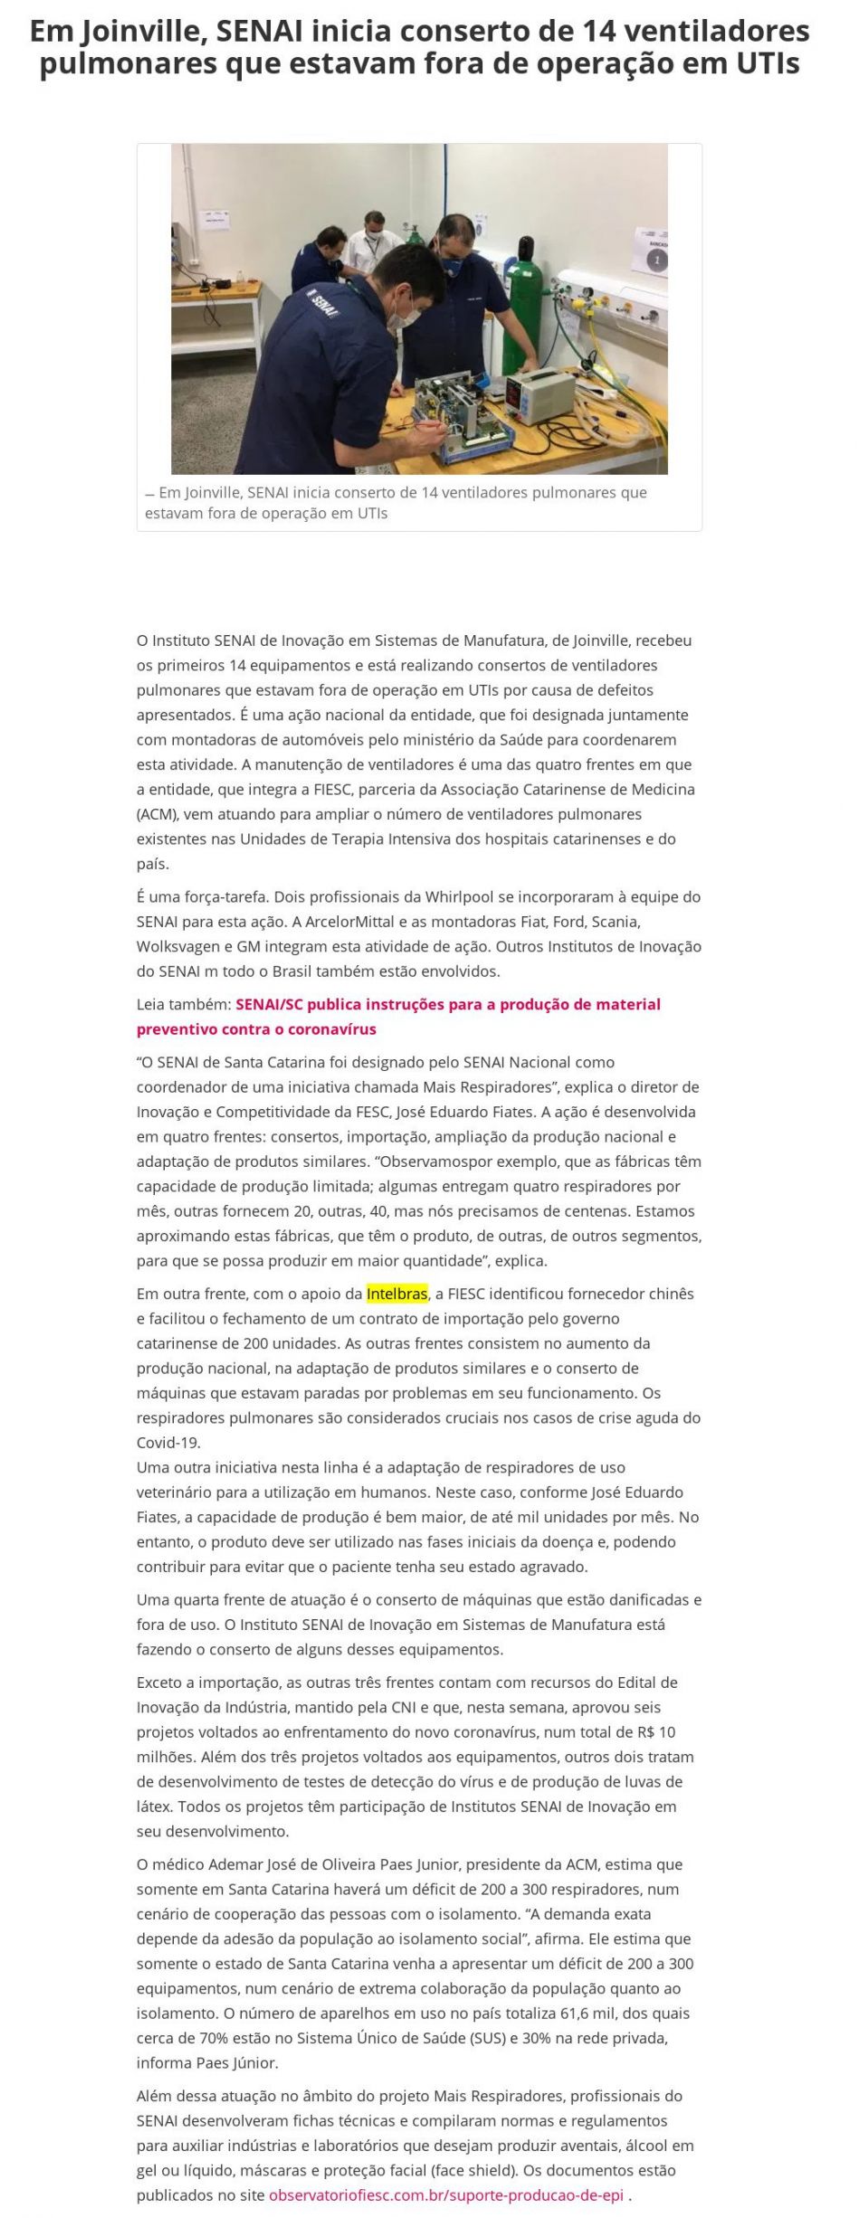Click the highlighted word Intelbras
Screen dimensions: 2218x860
coord(397,1294)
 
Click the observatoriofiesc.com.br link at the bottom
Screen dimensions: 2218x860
coord(446,2194)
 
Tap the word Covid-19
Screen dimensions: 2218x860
coord(168,1442)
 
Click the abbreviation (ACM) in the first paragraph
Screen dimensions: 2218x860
coord(157,813)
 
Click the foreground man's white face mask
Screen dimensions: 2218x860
coord(402,314)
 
